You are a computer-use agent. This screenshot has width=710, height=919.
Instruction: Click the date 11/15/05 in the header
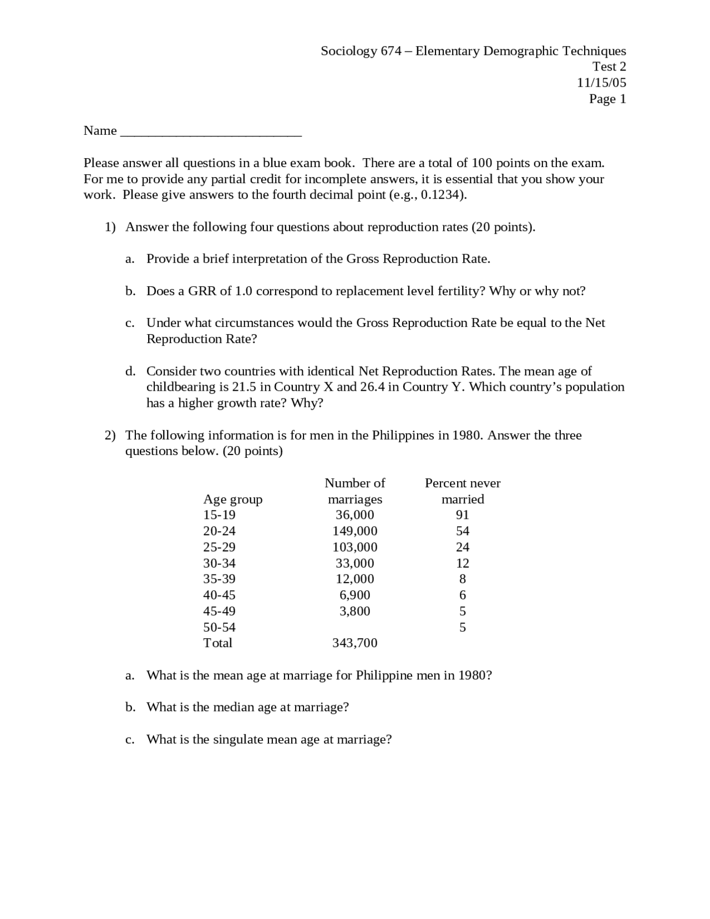coord(601,83)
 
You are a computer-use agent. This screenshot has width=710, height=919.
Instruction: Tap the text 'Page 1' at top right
coord(607,99)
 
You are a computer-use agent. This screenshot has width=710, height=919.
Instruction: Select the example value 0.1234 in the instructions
coord(442,195)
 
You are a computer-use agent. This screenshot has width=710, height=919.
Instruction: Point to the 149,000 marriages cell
coord(355,531)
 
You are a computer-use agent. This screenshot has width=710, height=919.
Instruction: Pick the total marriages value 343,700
coord(355,643)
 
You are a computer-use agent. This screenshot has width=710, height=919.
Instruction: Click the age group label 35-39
coord(219,579)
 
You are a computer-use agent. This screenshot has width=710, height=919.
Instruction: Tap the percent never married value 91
coord(462,515)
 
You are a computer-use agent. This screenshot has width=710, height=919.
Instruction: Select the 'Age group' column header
coord(232,499)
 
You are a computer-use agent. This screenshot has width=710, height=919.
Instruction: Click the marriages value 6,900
coord(355,595)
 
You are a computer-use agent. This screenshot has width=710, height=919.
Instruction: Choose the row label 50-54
coord(219,627)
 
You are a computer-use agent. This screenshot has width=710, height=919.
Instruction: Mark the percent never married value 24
coord(462,547)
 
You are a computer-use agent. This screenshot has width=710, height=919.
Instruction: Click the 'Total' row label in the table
coord(217,643)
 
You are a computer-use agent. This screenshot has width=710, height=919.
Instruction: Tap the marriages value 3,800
coord(355,611)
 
